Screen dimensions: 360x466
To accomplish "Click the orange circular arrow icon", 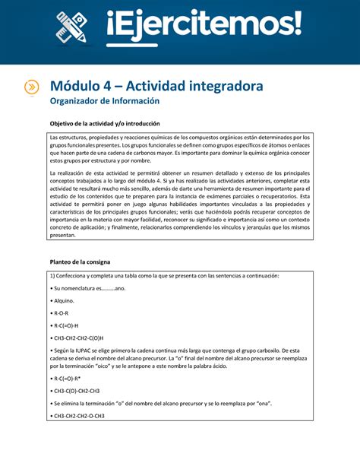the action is point(32,87).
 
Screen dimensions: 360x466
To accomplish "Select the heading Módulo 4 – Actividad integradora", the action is point(156,86).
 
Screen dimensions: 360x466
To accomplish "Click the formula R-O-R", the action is point(62,312).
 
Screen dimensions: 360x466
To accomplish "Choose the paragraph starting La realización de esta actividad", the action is point(179,204).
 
